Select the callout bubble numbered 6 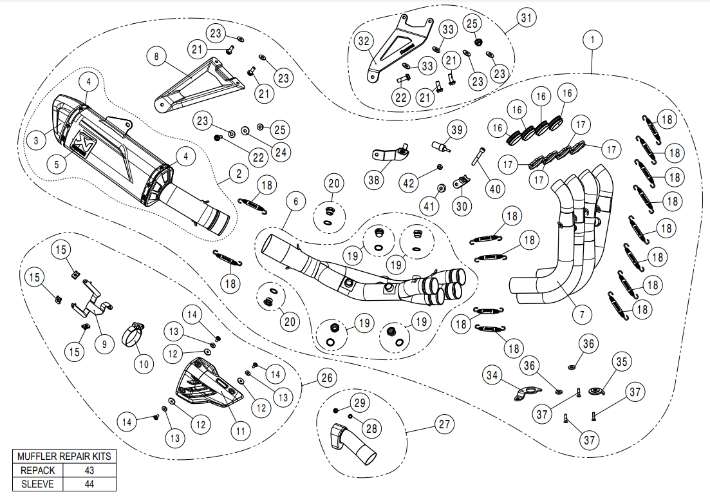tap(295, 202)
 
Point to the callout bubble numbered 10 tap(144, 363)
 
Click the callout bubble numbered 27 tap(444, 424)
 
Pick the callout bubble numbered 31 tap(527, 18)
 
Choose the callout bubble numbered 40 tap(494, 189)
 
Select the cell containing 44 tap(89, 484)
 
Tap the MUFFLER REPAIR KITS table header tap(64, 456)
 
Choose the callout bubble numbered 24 tap(280, 151)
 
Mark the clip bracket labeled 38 tap(390, 155)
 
